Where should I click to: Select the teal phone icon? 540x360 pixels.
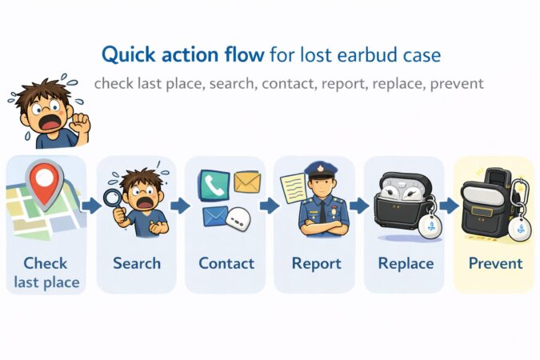click(x=214, y=186)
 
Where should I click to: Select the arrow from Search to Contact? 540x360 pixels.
click(x=180, y=206)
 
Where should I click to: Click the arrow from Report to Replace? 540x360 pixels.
click(x=359, y=206)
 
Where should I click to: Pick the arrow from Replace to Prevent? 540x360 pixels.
click(x=449, y=206)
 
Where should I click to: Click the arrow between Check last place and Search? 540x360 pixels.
click(x=91, y=206)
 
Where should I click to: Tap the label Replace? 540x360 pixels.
click(x=406, y=263)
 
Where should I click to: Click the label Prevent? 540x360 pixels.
click(x=495, y=263)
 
